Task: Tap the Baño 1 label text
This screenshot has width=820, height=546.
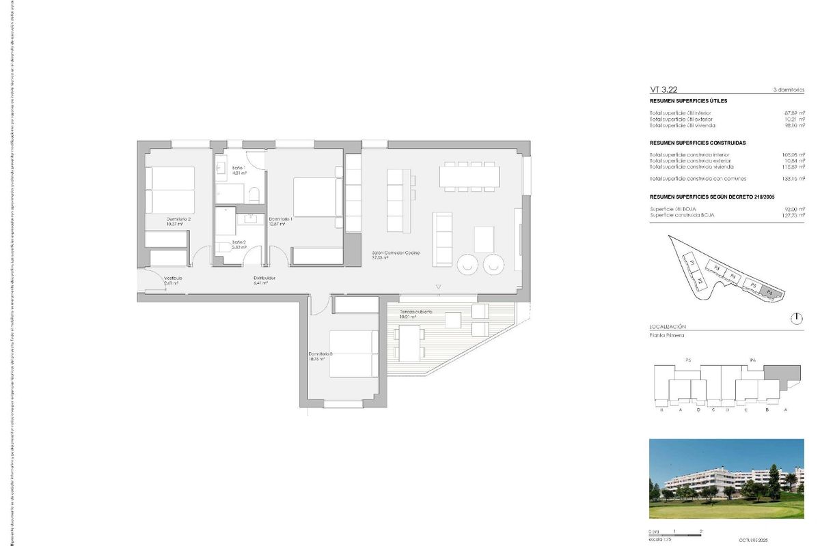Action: click(x=238, y=168)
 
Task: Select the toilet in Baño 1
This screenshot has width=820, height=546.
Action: click(x=255, y=196)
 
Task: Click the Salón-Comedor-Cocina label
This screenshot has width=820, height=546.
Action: click(x=396, y=253)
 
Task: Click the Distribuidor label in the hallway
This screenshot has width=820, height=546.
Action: click(x=264, y=278)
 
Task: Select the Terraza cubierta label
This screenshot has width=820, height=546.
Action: click(x=415, y=312)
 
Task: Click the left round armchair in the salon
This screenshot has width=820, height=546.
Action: click(x=469, y=263)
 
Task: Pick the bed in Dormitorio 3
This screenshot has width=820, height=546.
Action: click(x=354, y=352)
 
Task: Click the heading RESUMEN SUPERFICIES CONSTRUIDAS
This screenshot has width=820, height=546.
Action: click(x=697, y=143)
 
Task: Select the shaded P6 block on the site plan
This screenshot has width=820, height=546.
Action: click(x=769, y=291)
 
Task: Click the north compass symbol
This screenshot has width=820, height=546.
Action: click(x=797, y=318)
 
